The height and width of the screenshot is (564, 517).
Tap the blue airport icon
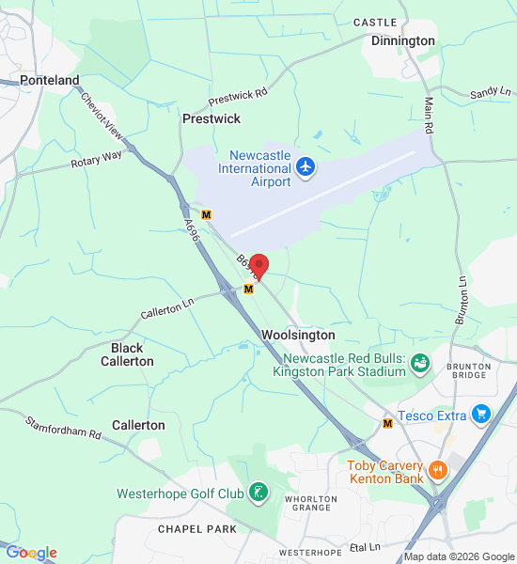coord(305,167)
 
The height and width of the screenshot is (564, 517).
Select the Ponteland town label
coord(50,81)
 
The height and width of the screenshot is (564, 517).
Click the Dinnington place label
coord(403,41)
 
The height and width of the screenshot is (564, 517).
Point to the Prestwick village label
coord(211,119)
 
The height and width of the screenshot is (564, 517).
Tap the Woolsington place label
coord(298,336)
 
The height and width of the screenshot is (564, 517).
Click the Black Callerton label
coord(127,354)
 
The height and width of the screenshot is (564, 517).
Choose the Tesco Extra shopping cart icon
coord(481,414)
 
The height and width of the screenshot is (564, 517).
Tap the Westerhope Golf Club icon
coord(258,492)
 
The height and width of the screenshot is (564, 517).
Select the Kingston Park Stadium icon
coord(419,362)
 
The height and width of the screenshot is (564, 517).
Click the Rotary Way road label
coord(97,160)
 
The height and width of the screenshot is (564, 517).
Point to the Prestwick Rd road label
coord(238,95)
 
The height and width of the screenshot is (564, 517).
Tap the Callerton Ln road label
coord(166,307)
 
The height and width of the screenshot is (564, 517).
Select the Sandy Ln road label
coord(491,92)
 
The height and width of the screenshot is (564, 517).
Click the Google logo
coord(31,553)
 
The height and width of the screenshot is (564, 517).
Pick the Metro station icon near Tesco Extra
coord(387,424)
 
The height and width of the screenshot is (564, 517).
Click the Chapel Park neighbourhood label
coord(197,529)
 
